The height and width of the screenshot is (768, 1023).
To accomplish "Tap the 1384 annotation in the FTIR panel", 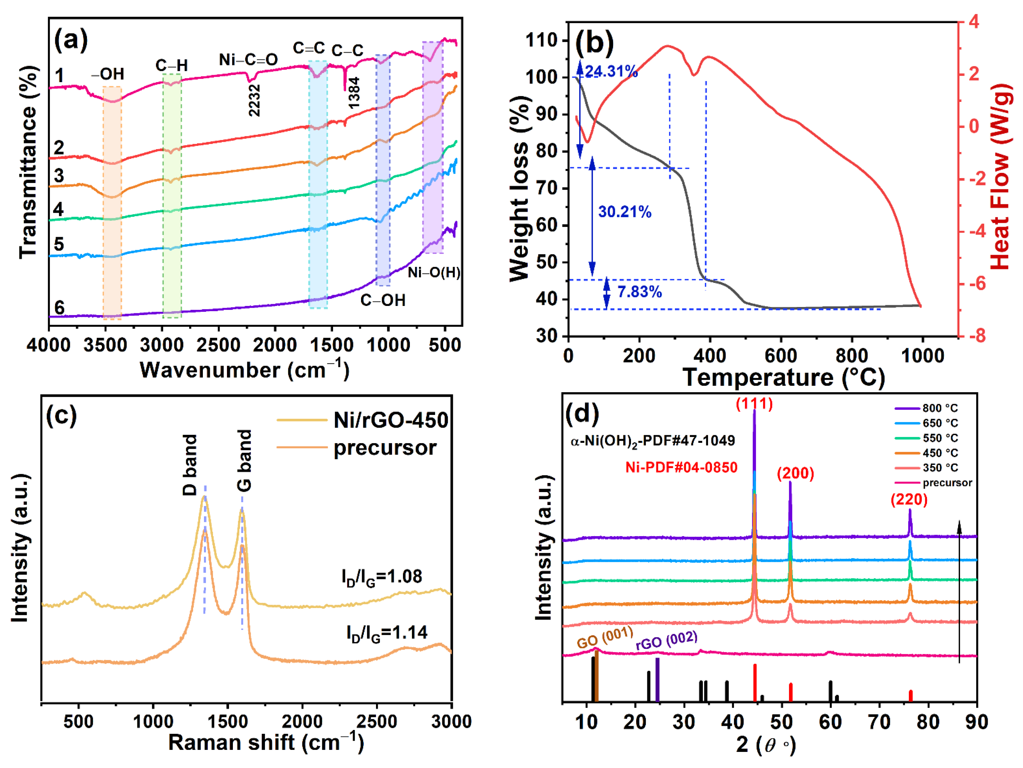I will coord(354,93).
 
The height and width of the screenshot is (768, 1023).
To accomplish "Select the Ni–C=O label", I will coord(248,60).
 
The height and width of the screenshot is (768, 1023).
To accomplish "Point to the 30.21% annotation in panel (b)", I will coord(625,212).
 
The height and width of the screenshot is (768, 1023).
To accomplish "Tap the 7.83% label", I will coord(640,292).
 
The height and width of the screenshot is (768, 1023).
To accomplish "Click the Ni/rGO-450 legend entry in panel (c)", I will coord(390,420).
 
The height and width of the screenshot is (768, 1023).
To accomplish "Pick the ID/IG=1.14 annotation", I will coord(387,633).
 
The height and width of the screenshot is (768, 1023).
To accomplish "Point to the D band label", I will coord(190,465).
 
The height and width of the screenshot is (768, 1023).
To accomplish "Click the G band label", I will coord(244,461).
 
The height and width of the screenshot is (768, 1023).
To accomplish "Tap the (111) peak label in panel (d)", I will coord(754,404).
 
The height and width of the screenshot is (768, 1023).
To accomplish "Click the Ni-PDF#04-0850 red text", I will coord(681,468).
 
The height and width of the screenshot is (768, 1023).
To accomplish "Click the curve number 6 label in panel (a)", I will coord(59,308).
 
